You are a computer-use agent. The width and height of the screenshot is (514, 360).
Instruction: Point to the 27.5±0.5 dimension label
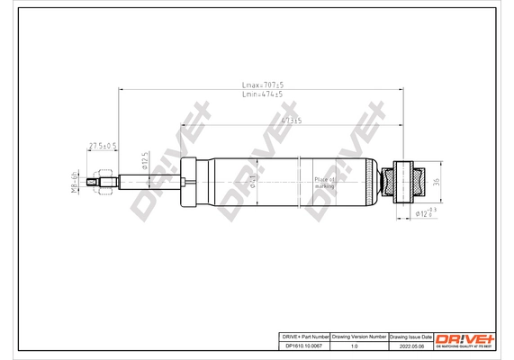(x=102, y=146)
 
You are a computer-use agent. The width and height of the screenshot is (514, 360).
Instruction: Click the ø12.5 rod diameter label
(x=143, y=163)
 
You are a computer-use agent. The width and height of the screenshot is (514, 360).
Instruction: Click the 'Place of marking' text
(x=325, y=183)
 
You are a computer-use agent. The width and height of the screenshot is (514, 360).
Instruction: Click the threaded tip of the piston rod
(x=93, y=187)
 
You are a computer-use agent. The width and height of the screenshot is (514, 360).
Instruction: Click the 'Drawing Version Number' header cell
(x=359, y=334)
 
